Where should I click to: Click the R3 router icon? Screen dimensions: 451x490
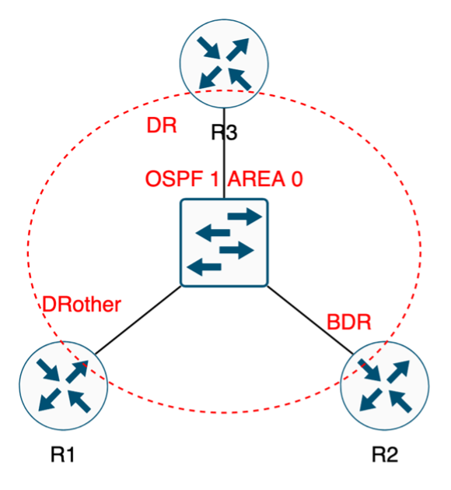tap(224, 64)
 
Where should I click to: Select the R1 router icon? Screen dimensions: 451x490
tap(63, 386)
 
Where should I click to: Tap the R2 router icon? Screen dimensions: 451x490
tap(385, 386)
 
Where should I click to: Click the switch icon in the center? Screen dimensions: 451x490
tap(224, 242)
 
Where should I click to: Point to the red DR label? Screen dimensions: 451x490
tap(162, 125)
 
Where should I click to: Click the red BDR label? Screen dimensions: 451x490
tap(348, 322)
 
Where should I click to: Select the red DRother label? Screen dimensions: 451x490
tap(82, 305)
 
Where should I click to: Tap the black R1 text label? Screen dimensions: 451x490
tap(62, 454)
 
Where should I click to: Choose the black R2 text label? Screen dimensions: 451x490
tap(385, 454)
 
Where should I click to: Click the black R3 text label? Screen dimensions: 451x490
tap(224, 132)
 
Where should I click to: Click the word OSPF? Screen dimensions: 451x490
tap(174, 179)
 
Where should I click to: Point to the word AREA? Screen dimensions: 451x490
tap(257, 179)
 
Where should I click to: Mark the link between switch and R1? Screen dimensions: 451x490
tap(138, 320)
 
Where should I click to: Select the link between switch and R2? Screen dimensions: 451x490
tap(310, 320)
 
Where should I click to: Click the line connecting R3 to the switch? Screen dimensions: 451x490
tap(224, 153)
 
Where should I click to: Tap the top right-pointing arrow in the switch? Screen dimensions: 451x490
tap(245, 217)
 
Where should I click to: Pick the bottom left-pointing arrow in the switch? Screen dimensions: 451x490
tap(204, 267)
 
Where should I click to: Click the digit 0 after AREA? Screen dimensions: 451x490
tap(297, 179)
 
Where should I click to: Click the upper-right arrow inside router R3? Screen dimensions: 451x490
tap(238, 49)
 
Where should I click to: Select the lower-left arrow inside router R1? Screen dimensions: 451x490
tap(50, 400)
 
